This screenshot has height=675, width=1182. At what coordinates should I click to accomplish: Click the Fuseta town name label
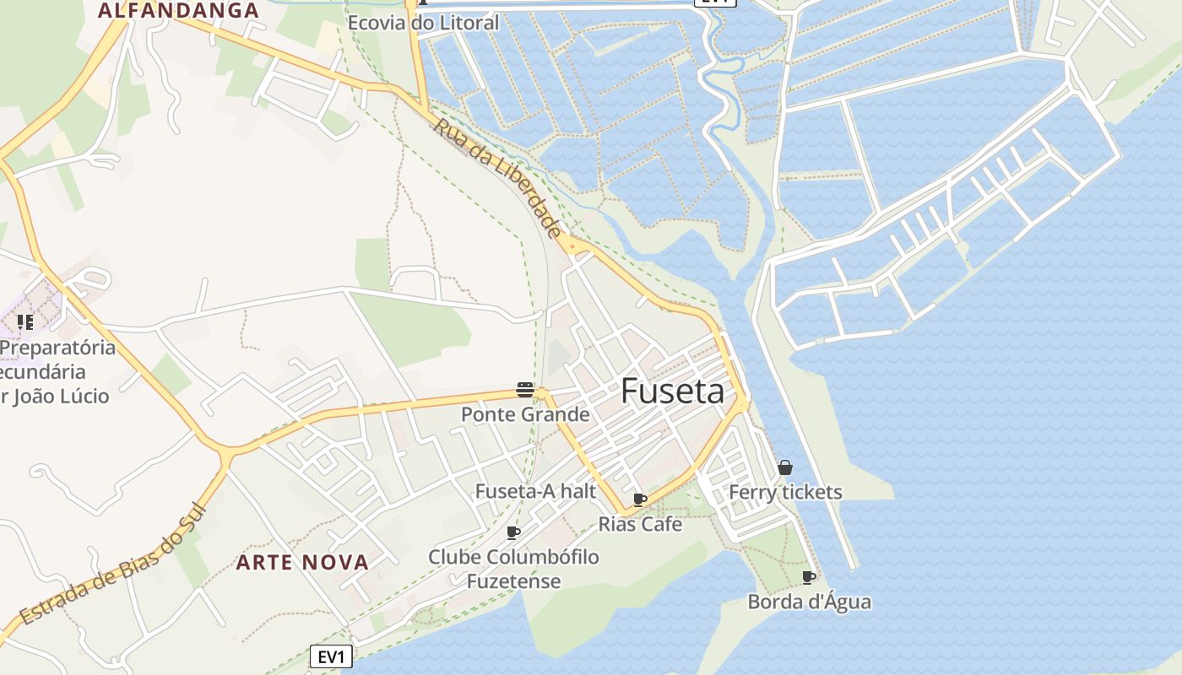(672, 391)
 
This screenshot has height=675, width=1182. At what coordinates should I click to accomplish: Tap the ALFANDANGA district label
(178, 11)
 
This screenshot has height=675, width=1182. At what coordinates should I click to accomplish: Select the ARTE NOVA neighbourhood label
(302, 562)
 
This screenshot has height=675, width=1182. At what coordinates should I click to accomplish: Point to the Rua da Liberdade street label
(498, 177)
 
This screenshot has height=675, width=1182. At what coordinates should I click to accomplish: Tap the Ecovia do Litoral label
(424, 23)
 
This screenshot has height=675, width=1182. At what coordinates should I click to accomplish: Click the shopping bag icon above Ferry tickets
(785, 467)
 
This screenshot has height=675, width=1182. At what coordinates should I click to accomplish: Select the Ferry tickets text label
(785, 492)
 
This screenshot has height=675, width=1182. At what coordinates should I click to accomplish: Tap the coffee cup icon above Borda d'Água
(808, 577)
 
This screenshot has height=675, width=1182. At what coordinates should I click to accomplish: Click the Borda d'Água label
(809, 602)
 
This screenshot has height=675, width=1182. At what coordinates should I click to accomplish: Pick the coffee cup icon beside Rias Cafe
(639, 499)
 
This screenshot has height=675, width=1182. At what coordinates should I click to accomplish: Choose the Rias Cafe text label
(640, 524)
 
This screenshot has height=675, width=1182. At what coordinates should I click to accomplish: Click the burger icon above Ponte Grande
(525, 390)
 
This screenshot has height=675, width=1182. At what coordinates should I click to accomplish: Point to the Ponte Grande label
(525, 414)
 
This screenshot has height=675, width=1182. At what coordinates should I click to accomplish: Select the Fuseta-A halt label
(535, 491)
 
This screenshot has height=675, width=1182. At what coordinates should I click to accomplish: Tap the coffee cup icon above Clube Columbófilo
(512, 532)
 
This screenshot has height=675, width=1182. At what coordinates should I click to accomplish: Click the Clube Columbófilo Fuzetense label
(513, 569)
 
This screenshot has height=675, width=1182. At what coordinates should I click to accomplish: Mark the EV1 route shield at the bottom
(331, 656)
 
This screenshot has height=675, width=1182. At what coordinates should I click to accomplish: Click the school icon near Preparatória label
(25, 321)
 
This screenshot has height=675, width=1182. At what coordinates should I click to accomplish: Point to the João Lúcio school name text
(56, 395)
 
